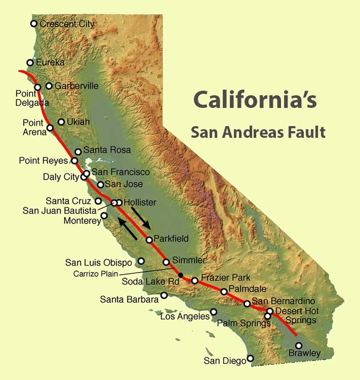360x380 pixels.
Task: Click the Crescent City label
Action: (67, 23)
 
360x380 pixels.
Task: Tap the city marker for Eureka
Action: (30, 62)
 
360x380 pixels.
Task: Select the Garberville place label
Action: (76, 86)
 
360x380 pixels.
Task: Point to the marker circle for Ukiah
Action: (61, 122)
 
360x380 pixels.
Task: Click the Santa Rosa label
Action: (107, 150)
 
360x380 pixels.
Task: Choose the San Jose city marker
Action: (101, 184)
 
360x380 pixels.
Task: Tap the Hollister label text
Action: (140, 202)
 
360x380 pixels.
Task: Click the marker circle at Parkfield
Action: (149, 240)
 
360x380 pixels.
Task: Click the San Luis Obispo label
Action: (98, 262)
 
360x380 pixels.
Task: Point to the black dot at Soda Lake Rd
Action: (180, 275)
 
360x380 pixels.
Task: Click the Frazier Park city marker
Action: (195, 281)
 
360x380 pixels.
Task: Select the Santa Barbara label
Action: (129, 300)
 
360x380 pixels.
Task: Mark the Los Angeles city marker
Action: (214, 312)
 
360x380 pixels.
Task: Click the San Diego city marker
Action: (250, 358)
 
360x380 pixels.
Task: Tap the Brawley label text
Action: (304, 354)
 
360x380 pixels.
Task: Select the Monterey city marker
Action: (104, 215)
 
